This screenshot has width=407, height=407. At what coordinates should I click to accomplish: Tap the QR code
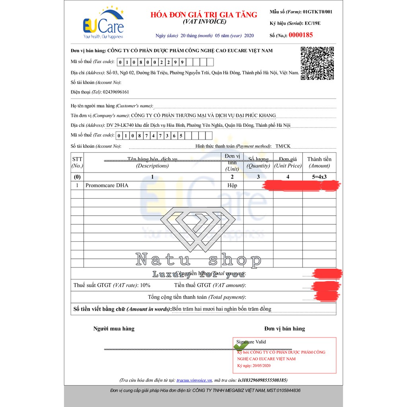tap(317, 63)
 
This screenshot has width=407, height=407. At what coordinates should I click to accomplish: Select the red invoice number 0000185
tap(300, 35)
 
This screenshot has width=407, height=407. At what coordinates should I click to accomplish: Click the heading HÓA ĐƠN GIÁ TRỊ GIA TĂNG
tap(204, 15)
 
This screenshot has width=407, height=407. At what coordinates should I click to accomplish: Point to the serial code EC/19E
tap(312, 23)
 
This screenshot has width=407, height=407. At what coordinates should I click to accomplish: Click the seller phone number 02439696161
tap(116, 92)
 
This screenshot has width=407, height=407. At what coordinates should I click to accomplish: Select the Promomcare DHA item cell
tap(107, 185)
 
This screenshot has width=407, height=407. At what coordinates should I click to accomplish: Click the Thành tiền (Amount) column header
tap(319, 163)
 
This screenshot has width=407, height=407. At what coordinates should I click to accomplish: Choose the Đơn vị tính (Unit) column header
tap(232, 162)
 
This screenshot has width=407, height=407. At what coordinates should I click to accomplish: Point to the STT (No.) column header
tap(77, 162)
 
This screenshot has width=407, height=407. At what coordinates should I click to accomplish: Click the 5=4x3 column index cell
tap(319, 176)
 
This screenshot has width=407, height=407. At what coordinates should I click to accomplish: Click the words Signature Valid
tap(251, 342)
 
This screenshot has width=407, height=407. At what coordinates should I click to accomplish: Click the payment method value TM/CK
tap(283, 146)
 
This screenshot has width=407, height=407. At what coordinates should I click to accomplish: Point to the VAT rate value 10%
tap(145, 285)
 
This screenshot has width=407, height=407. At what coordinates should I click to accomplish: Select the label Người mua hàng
tap(114, 329)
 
